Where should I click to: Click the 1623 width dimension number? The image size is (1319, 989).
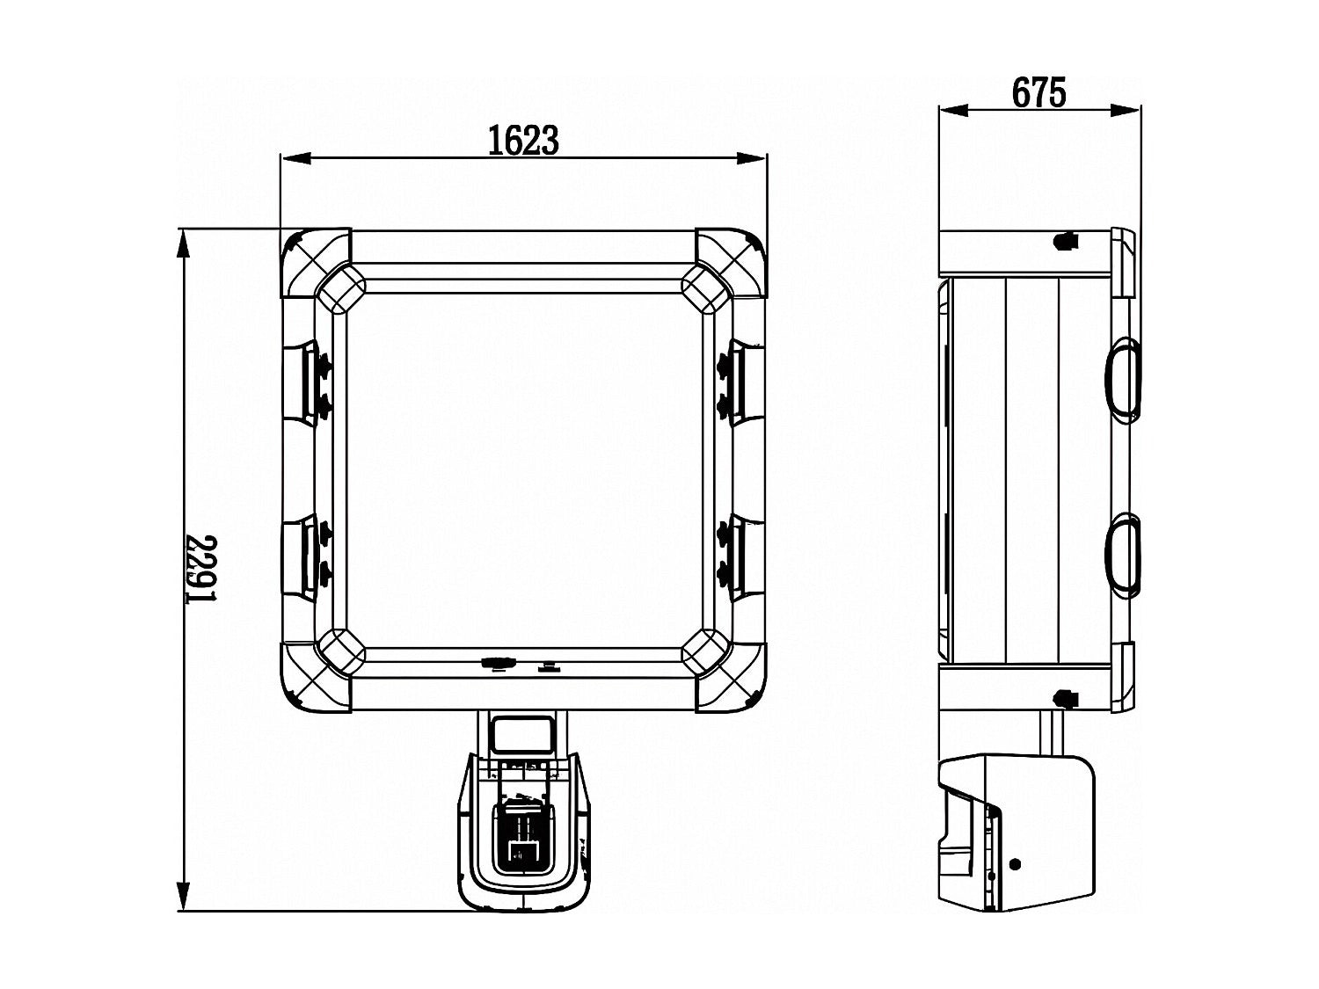[523, 141]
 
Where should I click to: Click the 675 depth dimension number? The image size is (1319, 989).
[1039, 93]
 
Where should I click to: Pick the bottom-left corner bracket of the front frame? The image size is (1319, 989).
[316, 677]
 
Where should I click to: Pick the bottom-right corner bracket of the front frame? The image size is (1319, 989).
[731, 677]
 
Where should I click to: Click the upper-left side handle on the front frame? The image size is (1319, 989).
[300, 382]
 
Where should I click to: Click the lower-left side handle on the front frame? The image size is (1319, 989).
[300, 558]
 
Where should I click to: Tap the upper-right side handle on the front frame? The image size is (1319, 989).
[747, 382]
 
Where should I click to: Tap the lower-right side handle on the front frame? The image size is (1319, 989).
[747, 558]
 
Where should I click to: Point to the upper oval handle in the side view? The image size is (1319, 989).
[1123, 380]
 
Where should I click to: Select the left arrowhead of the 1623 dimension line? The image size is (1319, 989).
[297, 158]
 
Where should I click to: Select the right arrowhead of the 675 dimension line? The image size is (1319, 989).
[1125, 110]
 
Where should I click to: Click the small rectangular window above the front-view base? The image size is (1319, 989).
[522, 734]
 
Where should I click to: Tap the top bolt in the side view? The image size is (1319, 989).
[1066, 242]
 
